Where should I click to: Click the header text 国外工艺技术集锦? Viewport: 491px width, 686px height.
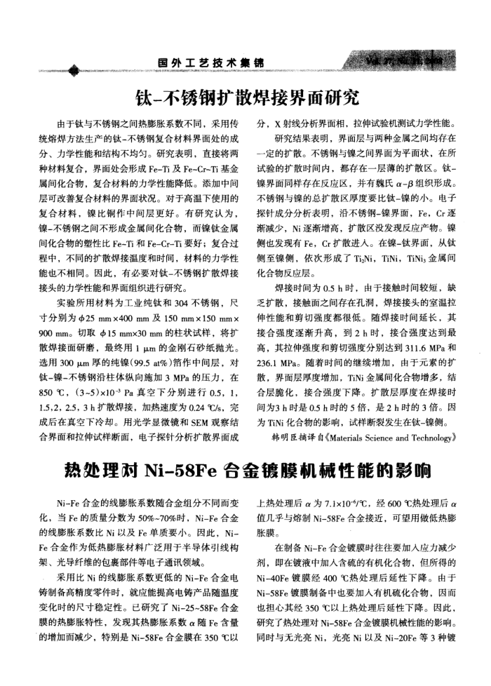pos(211,63)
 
